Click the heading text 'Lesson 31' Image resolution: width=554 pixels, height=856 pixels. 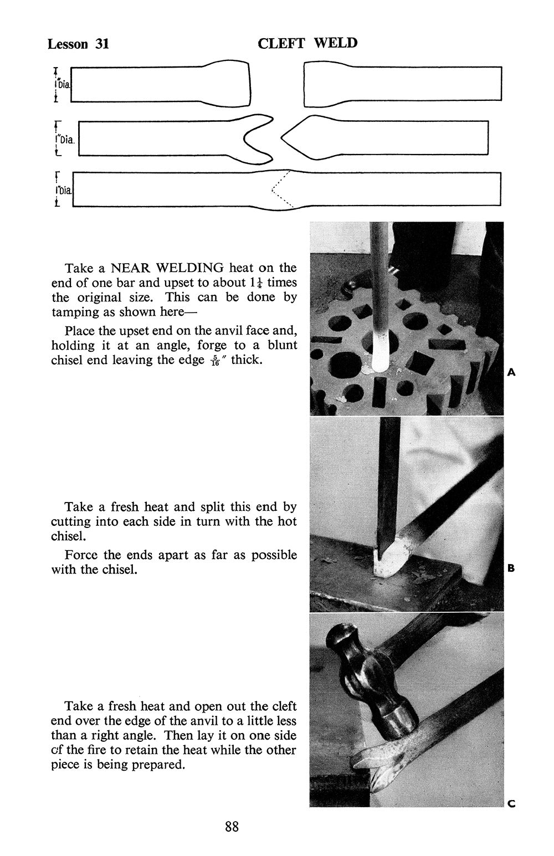coord(78,44)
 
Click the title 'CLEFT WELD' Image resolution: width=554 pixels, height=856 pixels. coord(307,43)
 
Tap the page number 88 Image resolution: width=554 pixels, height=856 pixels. coord(232,827)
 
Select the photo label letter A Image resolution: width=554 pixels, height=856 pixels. coord(511,372)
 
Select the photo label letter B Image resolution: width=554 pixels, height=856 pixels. coord(511,568)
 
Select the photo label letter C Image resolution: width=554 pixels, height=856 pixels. coord(511,803)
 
